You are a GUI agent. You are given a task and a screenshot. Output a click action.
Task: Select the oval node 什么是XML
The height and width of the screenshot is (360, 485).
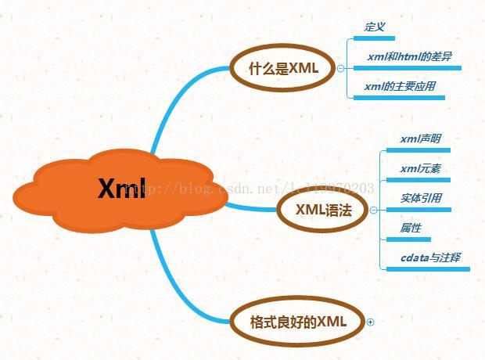pyautogui.click(x=283, y=68)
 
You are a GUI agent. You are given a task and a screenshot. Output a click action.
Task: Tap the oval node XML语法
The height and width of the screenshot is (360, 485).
pyautogui.click(x=323, y=210)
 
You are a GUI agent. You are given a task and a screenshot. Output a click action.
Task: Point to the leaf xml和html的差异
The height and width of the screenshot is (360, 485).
pyautogui.click(x=408, y=57)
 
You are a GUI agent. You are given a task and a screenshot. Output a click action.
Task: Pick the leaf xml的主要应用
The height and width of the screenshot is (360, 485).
pyautogui.click(x=400, y=86)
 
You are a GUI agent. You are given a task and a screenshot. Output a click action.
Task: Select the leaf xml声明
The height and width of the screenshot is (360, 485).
pyautogui.click(x=420, y=139)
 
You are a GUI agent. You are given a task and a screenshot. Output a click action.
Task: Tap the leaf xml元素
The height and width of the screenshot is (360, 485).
pyautogui.click(x=420, y=168)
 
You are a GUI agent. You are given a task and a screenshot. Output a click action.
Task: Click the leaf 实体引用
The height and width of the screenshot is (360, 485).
pyautogui.click(x=421, y=198)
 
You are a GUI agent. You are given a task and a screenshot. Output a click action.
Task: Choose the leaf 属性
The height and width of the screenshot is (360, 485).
pyautogui.click(x=411, y=228)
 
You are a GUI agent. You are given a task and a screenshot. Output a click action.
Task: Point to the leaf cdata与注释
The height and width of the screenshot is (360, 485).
pyautogui.click(x=430, y=257)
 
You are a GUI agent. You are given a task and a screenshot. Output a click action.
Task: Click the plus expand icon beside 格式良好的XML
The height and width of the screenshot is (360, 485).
pyautogui.click(x=371, y=322)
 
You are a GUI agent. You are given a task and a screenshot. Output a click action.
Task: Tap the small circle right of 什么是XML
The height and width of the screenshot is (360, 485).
pyautogui.click(x=340, y=69)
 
